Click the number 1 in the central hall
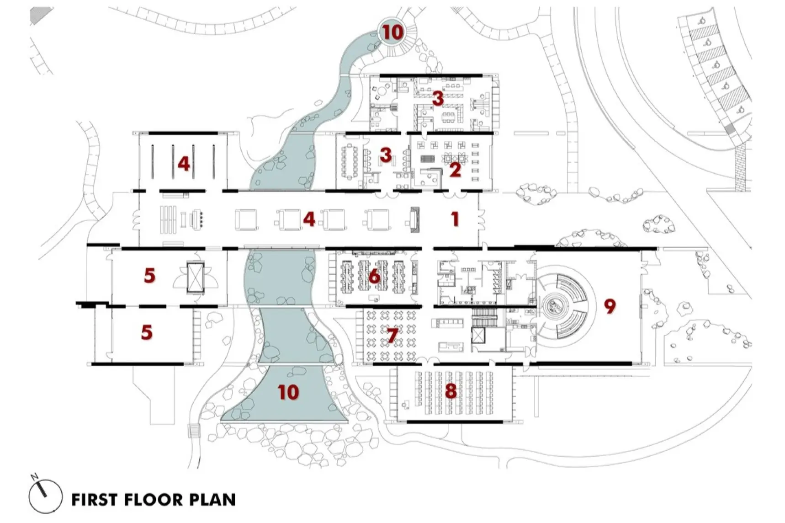[455, 219]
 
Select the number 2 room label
[455, 170]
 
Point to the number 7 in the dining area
[392, 336]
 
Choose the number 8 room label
[451, 391]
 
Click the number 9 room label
[610, 306]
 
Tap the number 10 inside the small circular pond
[393, 32]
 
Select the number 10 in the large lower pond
[288, 392]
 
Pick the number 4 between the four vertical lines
[183, 163]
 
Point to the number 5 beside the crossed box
[149, 276]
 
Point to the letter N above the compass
[35, 477]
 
